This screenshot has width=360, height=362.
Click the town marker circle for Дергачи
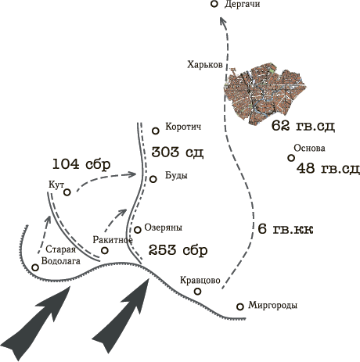214,4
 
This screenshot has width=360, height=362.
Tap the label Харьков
205,64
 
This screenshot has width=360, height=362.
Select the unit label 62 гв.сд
303,126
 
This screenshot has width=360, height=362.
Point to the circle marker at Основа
291,158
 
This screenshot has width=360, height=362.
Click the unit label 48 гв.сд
328,168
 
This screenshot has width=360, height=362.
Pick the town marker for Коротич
156,131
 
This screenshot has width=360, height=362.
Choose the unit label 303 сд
178,152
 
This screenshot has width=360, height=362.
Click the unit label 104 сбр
81,164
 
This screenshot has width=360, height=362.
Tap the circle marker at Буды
153,179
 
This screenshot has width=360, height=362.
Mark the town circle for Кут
67,192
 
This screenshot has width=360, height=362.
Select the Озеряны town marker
138,230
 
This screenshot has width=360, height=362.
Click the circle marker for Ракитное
105,250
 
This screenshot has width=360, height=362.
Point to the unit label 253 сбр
178,250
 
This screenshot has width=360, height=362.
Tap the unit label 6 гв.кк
286,229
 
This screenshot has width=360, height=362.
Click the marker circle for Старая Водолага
35,267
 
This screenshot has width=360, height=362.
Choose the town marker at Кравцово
198,291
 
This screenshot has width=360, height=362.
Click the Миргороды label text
272,305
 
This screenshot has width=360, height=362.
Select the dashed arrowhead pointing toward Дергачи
222,21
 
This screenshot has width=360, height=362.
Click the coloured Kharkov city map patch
265,95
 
